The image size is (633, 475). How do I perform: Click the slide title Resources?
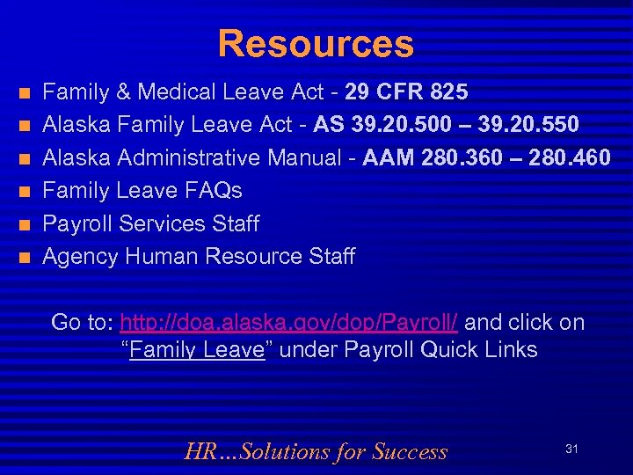pos(316,44)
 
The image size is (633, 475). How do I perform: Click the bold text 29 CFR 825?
pos(406,91)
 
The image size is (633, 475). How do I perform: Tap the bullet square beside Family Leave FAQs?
pos(25,192)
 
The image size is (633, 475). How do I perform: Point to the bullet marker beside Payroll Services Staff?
pos(25,224)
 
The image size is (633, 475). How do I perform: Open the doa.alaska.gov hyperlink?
pos(288,323)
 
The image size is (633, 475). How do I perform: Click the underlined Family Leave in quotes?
pos(197,350)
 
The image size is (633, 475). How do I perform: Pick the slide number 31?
pos(571,449)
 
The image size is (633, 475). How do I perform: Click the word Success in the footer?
pos(410,452)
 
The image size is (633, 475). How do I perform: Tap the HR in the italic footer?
pos(199,452)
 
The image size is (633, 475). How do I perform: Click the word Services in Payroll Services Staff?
pos(164,224)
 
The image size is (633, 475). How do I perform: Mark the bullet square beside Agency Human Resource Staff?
pos(25,258)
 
